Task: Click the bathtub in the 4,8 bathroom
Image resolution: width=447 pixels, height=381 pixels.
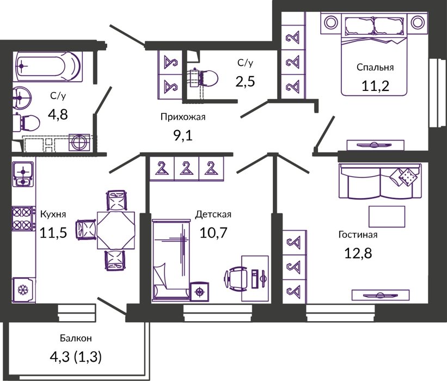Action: click(48, 66)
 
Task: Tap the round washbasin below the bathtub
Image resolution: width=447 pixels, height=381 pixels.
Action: click(21, 97)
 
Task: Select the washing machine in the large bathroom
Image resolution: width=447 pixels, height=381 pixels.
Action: click(79, 142)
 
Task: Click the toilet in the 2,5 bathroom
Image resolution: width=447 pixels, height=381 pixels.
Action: click(204, 78)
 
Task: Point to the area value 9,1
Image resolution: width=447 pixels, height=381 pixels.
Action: click(183, 136)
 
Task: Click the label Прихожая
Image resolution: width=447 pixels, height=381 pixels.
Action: click(183, 117)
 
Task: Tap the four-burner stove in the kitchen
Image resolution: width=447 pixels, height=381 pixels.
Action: click(23, 218)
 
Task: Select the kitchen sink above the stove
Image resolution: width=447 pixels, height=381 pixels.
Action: click(23, 174)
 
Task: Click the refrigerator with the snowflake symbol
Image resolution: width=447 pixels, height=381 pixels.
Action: click(23, 290)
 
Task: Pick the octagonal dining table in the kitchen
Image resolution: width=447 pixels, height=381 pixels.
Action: click(116, 230)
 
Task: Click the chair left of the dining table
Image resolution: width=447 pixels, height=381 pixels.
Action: click(85, 230)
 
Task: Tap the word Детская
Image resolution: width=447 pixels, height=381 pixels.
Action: click(213, 214)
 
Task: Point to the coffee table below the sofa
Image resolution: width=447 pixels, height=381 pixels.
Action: click(387, 217)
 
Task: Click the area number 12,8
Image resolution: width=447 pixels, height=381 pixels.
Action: click(358, 253)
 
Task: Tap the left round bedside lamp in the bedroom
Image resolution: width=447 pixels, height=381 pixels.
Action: click(331, 23)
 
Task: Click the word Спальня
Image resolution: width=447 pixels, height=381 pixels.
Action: click(375, 67)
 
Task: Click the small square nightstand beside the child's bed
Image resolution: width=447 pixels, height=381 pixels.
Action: click(199, 292)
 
